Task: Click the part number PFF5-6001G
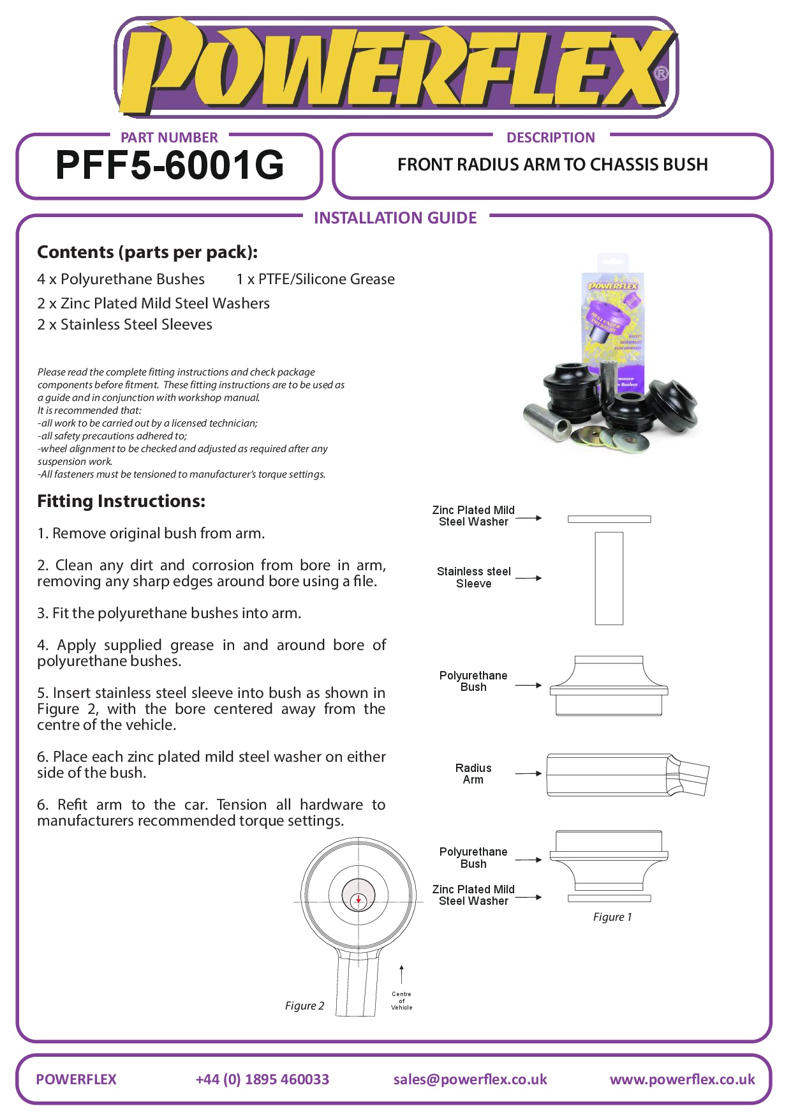(170, 165)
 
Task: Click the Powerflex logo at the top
(395, 68)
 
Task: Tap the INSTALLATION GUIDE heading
(395, 218)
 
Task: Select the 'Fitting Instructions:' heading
(121, 501)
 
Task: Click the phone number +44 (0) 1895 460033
(262, 1079)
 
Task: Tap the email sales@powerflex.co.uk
(470, 1079)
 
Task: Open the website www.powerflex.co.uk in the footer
(682, 1079)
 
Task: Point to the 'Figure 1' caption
(612, 917)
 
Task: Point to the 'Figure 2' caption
(304, 1006)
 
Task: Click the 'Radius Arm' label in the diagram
(473, 774)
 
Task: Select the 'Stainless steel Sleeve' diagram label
(473, 577)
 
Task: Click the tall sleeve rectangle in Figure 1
(609, 578)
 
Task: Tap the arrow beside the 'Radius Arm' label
(529, 773)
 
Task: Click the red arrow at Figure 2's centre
(359, 900)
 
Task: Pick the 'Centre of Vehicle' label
(401, 1001)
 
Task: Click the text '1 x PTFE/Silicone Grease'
(315, 279)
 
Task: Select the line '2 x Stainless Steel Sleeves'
(124, 324)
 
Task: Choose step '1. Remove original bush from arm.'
(151, 533)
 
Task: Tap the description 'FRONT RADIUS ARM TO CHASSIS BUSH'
(552, 165)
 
